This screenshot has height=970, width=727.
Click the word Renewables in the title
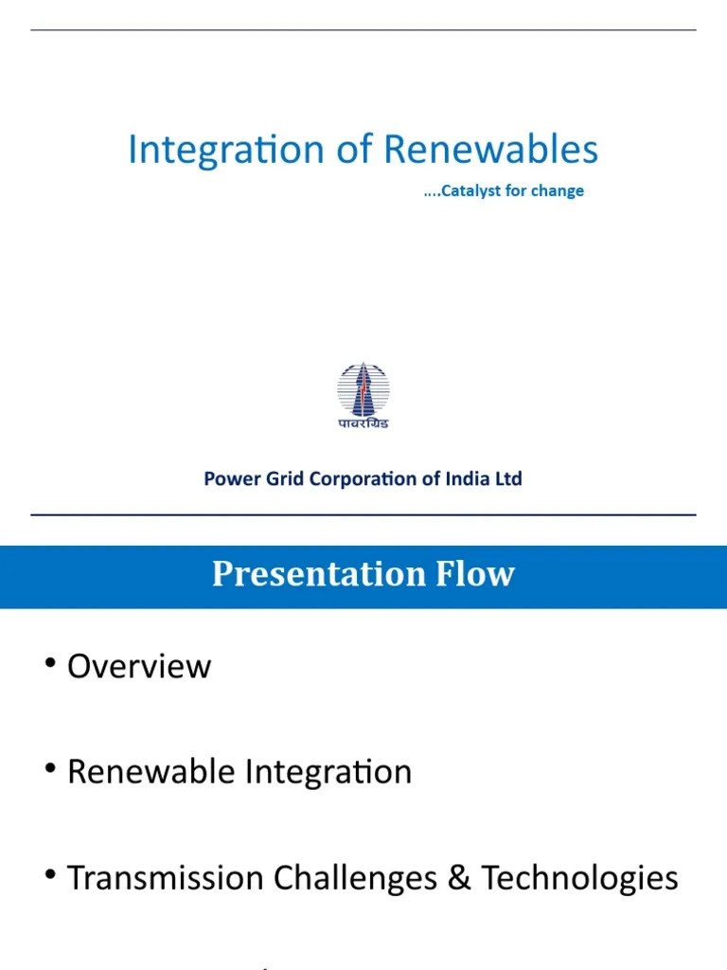click(x=491, y=151)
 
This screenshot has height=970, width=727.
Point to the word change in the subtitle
click(x=559, y=191)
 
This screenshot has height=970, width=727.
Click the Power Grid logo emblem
click(x=363, y=388)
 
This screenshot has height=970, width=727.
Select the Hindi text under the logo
click(x=363, y=423)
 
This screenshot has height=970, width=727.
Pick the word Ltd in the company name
click(x=508, y=478)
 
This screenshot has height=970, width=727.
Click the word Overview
click(x=139, y=666)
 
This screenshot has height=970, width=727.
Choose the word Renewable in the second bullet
click(x=151, y=772)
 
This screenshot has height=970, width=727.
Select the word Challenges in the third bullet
click(x=356, y=879)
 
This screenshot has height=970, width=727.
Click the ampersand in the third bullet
click(x=459, y=878)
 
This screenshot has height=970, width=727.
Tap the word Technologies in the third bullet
click(x=579, y=879)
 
